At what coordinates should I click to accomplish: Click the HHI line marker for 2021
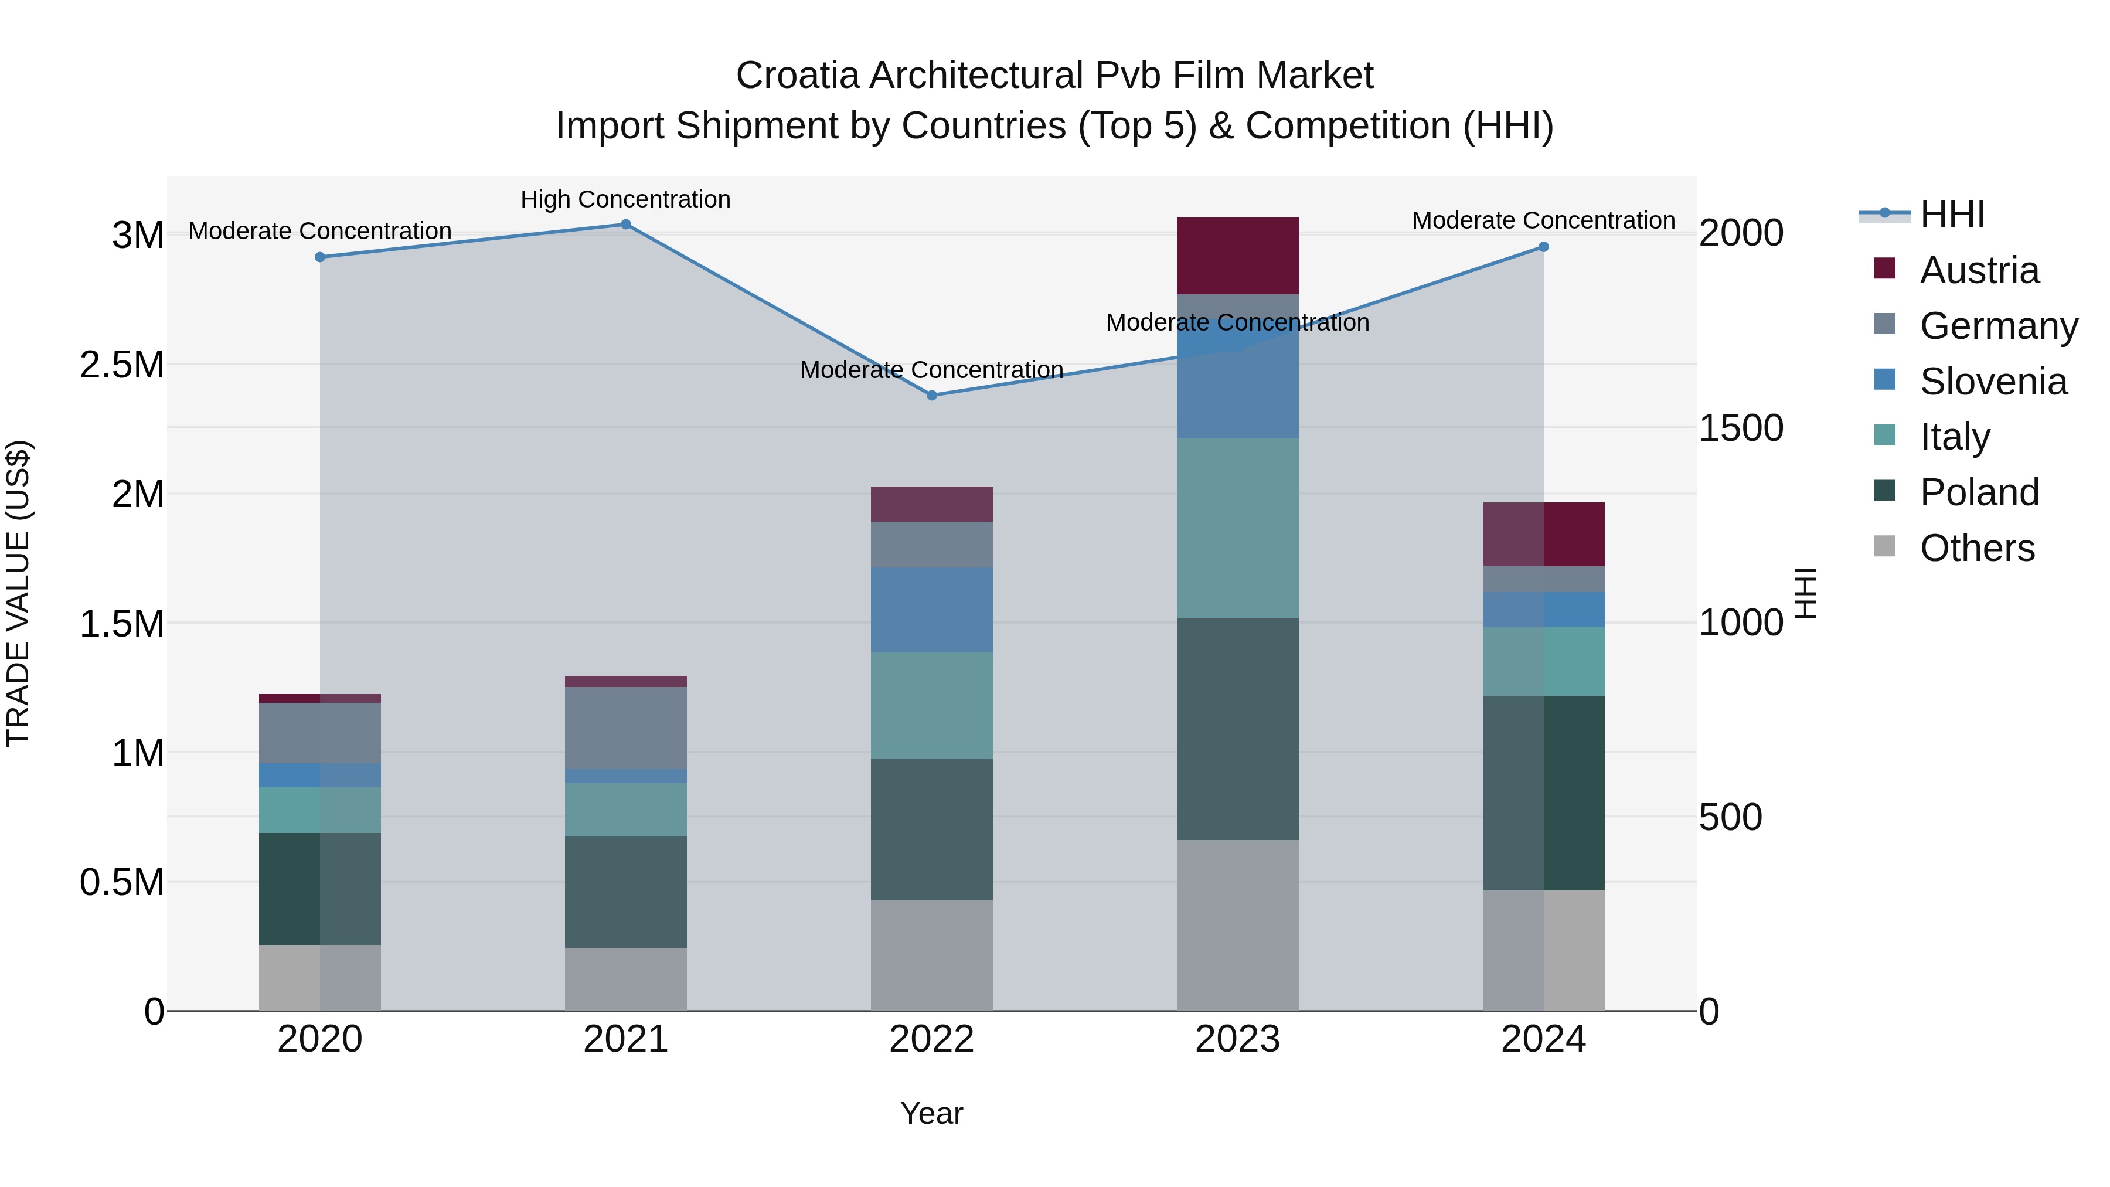coord(626,225)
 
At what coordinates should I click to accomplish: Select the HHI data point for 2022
coord(931,396)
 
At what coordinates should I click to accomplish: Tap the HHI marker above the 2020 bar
coord(320,257)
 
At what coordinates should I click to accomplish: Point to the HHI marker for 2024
coord(1543,247)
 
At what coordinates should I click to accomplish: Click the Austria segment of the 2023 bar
coord(1238,256)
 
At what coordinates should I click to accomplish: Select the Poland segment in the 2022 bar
coord(931,830)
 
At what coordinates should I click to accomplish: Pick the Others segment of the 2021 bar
coord(626,979)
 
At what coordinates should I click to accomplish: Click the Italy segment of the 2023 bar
coord(1238,528)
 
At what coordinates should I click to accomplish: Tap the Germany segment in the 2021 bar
coord(626,727)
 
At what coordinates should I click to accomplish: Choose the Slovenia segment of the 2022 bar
coord(931,610)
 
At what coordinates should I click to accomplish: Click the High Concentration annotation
coord(626,199)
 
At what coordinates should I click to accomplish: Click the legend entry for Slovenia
coord(1992,382)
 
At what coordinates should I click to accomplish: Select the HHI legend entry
coord(1951,215)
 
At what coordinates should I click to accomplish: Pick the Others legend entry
coord(1976,548)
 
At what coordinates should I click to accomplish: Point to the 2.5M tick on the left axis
coord(121,365)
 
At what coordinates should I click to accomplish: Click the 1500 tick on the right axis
coord(1741,428)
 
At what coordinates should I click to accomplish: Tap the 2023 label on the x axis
coord(1238,1039)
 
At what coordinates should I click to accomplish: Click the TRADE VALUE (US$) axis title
coord(18,593)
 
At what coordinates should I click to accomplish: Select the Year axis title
coord(931,1113)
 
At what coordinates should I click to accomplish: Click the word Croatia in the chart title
coord(797,76)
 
